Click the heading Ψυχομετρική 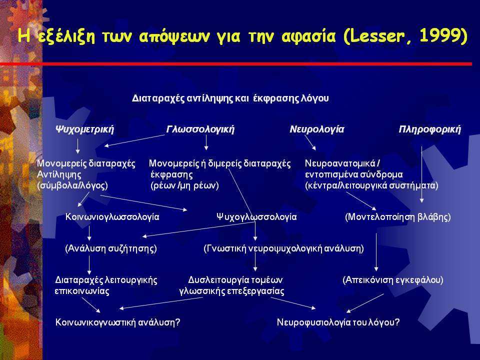pos(84,129)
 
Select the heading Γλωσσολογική pos(200,129)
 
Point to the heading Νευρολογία pos(317,129)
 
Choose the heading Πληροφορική pos(429,129)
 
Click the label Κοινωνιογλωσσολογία pos(112,217)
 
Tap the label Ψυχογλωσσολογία pos(256,217)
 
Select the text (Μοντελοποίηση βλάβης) pos(397,217)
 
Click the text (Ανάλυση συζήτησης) pos(111,248)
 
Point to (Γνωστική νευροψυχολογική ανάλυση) pos(284,248)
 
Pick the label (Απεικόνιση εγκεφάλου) pos(393,280)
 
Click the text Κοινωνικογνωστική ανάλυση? pos(117,322)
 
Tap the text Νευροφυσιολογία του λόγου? pos(338,322)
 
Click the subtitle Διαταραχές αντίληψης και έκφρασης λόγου pos(230,98)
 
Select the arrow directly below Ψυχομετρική pos(78,145)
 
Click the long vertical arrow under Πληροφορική pos(421,174)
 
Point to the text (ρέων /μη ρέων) pos(184,185)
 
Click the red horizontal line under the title pos(235,64)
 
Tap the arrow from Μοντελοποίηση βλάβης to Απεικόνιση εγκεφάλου pos(376,252)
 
